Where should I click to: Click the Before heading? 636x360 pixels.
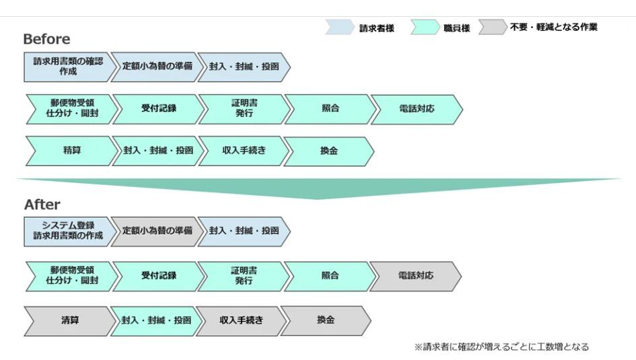46,39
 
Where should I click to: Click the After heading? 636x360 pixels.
42,205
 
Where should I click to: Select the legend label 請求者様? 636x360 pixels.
377,28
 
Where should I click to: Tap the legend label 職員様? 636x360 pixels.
457,28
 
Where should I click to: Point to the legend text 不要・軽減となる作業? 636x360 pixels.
553,28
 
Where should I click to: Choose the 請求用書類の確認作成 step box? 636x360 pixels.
67,67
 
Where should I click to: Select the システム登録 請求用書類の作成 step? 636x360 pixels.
67,231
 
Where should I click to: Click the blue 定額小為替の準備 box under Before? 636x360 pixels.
156,67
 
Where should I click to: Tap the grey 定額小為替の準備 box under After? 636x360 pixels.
156,231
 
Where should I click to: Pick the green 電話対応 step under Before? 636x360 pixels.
416,109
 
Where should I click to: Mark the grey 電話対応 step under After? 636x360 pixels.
415,276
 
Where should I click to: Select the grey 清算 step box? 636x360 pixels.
69,320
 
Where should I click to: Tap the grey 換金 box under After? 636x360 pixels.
326,320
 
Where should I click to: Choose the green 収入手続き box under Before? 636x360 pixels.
243,151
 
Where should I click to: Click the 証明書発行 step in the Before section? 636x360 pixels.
244,109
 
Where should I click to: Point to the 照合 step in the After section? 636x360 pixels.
330,276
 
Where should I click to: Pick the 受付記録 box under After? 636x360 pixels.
158,276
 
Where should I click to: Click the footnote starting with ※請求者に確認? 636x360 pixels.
501,347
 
